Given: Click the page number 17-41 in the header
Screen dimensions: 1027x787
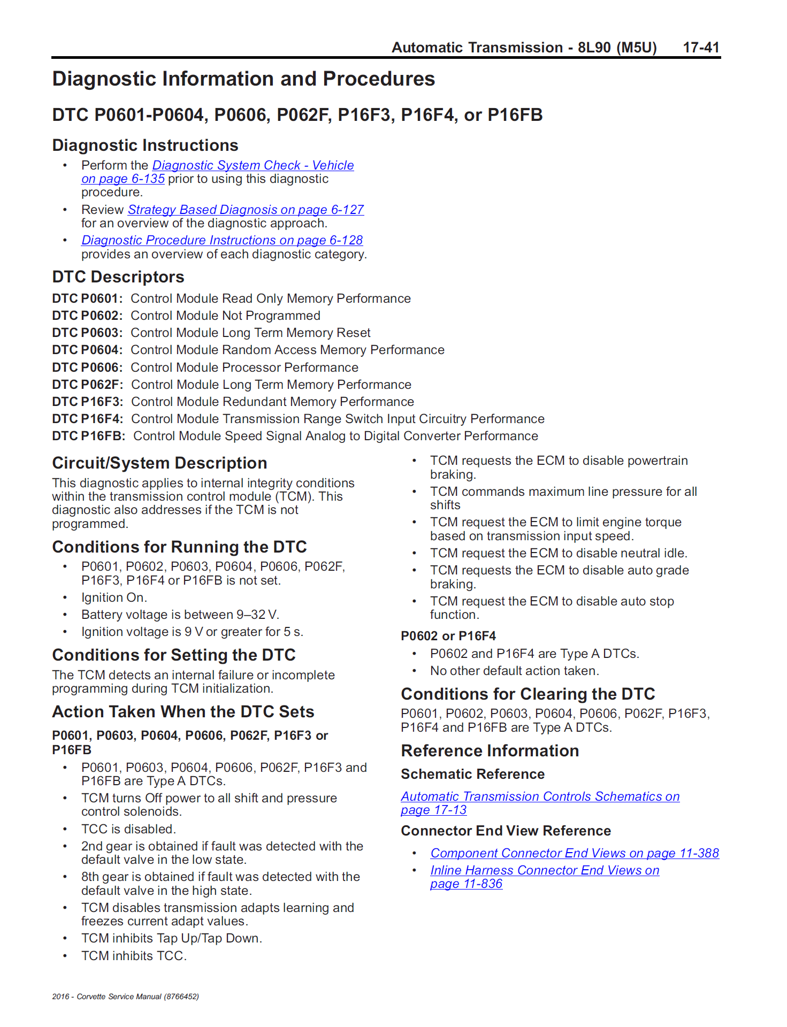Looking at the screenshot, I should coord(701,48).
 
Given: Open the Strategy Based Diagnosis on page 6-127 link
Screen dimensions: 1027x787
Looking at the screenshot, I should coord(246,210).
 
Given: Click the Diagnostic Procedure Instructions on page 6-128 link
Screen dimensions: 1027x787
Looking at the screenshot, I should coord(222,240).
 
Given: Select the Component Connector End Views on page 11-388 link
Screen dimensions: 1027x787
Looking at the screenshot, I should coord(574,853).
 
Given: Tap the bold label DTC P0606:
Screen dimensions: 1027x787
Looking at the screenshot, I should coord(87,367).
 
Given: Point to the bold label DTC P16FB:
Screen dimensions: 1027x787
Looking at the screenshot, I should coord(88,436).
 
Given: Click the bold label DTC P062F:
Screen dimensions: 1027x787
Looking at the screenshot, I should coord(87,385).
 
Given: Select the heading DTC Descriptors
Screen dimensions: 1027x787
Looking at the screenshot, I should coord(118,277).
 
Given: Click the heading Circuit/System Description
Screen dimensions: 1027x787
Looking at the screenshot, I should coord(159,463).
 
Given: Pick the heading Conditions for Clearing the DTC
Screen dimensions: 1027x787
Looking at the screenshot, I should coord(528,694).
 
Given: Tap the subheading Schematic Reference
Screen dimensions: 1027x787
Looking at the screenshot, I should coord(472,774).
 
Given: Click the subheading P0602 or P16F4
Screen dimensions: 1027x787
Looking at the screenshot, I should coord(448,636).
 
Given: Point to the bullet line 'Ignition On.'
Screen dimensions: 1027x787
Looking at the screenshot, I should coord(114,597).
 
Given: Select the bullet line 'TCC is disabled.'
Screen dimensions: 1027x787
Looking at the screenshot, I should coord(128,829).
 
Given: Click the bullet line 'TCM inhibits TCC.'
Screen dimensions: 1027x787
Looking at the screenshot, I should coord(134,956).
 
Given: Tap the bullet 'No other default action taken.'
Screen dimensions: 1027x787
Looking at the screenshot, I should coord(514,671).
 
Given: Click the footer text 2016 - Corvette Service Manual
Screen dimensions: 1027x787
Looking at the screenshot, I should coord(125,997).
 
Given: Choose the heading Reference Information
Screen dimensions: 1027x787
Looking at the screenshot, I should coord(490,751).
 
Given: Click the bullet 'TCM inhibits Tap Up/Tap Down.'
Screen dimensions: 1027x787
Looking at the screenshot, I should coord(171,938).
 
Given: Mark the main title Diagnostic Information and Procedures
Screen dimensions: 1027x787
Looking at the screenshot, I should coord(243,79).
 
